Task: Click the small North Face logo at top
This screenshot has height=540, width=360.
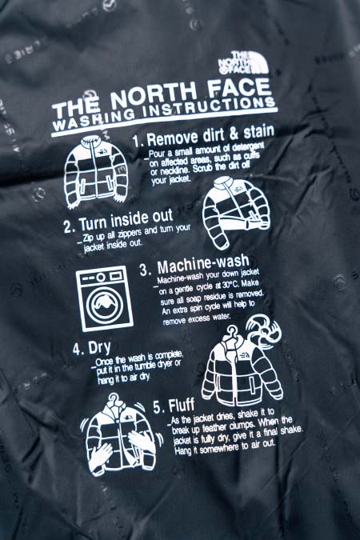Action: coord(243,62)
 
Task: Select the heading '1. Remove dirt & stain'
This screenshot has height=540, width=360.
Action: coord(203,135)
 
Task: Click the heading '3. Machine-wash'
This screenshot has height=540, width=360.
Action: coord(194,265)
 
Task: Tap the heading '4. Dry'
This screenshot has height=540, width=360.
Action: coord(92,349)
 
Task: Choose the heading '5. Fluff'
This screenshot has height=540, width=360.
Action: coord(174,406)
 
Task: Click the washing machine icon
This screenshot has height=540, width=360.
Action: coord(104,298)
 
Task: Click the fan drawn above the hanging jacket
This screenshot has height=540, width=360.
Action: coord(264,330)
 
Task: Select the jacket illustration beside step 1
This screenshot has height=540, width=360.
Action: coord(95,171)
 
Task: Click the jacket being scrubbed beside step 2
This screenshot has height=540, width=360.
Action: coord(236,211)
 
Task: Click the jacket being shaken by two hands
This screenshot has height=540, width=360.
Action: coord(121,437)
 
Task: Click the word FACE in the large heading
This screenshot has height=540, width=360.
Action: coord(240,88)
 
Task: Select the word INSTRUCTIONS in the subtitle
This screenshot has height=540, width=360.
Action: coord(210,108)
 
